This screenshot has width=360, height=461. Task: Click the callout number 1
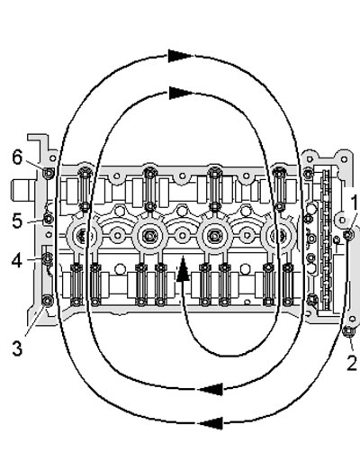click(355, 203)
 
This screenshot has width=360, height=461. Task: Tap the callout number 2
click(352, 363)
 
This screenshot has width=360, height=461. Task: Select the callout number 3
click(17, 348)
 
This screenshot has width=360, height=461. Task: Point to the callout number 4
click(17, 261)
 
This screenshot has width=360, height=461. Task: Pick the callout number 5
click(17, 221)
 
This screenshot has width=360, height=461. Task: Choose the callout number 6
click(18, 157)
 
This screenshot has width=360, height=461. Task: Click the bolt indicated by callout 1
click(348, 235)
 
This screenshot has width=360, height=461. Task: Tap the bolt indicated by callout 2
click(348, 331)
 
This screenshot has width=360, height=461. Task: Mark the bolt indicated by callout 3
click(48, 301)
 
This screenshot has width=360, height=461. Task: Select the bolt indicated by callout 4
click(48, 258)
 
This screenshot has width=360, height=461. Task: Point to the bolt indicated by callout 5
click(49, 219)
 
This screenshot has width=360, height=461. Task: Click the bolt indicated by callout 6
click(49, 173)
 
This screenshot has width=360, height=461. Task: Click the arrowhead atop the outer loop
click(180, 56)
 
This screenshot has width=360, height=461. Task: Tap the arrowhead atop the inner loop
click(181, 93)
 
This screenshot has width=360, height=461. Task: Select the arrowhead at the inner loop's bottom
click(211, 389)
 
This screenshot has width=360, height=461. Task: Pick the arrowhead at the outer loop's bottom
click(211, 423)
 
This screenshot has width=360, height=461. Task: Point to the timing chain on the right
click(326, 240)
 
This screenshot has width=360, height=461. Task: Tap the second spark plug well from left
click(149, 235)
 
